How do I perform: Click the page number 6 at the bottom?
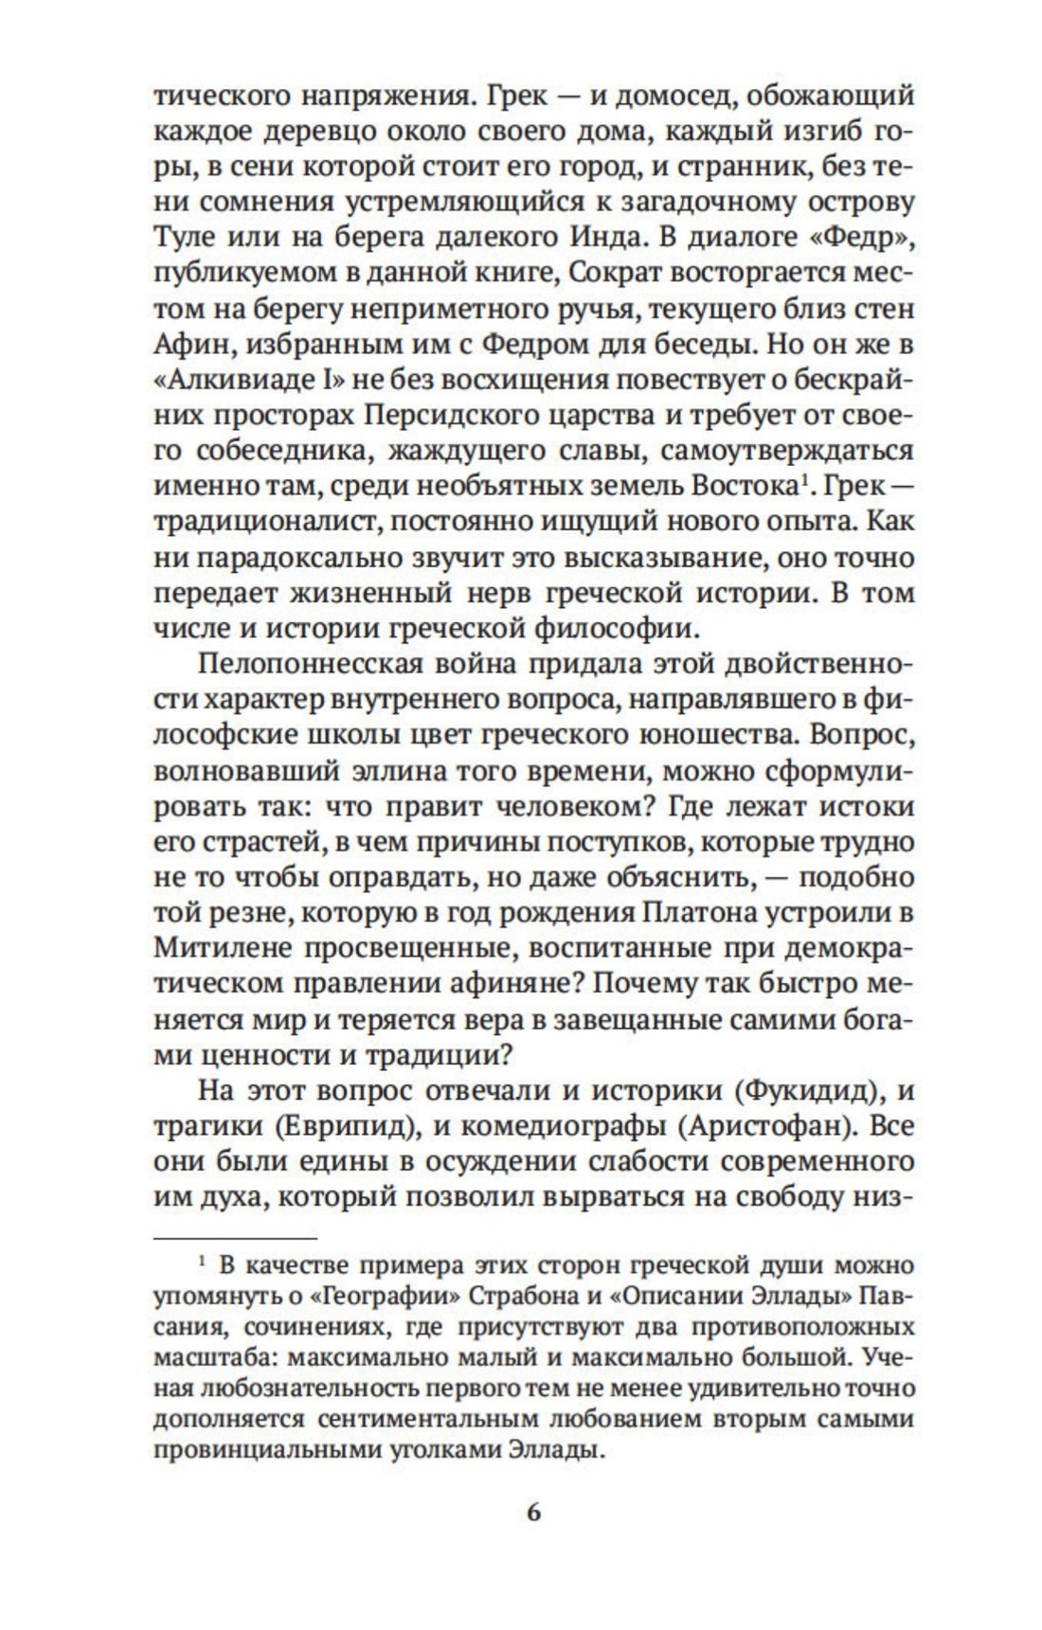point(532,1512)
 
